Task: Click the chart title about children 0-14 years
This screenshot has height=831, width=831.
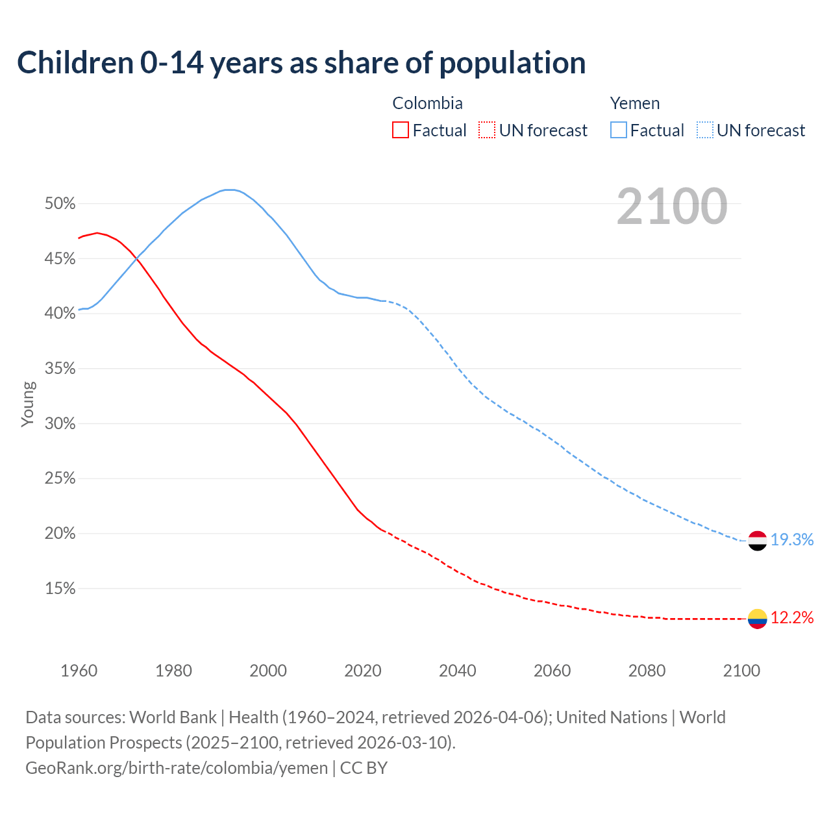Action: click(x=301, y=63)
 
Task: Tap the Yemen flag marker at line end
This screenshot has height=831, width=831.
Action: click(x=757, y=540)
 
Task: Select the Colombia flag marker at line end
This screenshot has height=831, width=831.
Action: click(x=757, y=619)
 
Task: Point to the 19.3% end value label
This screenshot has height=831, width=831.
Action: click(x=792, y=540)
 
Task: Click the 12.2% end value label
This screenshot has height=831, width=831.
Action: click(x=792, y=618)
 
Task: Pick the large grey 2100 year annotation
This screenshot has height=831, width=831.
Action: click(x=671, y=206)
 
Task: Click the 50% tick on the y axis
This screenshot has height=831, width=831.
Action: click(x=60, y=204)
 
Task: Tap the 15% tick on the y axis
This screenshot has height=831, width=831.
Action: click(x=60, y=589)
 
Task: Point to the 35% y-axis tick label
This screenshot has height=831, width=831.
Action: click(x=60, y=369)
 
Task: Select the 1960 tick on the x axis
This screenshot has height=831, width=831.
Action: click(x=79, y=671)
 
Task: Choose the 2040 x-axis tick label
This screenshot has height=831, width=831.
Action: click(x=458, y=671)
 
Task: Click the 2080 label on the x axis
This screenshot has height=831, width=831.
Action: click(x=647, y=671)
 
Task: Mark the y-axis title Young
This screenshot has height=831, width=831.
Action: click(x=27, y=404)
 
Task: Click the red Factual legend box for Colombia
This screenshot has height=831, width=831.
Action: click(x=401, y=130)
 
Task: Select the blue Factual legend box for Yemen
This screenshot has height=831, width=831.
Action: click(x=618, y=130)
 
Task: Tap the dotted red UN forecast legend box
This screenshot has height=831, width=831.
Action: click(x=487, y=130)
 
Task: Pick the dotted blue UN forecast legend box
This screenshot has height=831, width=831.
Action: click(x=704, y=130)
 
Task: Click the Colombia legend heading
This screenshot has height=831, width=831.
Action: click(x=427, y=103)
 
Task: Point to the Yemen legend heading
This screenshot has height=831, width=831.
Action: click(x=634, y=103)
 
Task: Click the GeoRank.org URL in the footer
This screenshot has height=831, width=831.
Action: click(x=177, y=768)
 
